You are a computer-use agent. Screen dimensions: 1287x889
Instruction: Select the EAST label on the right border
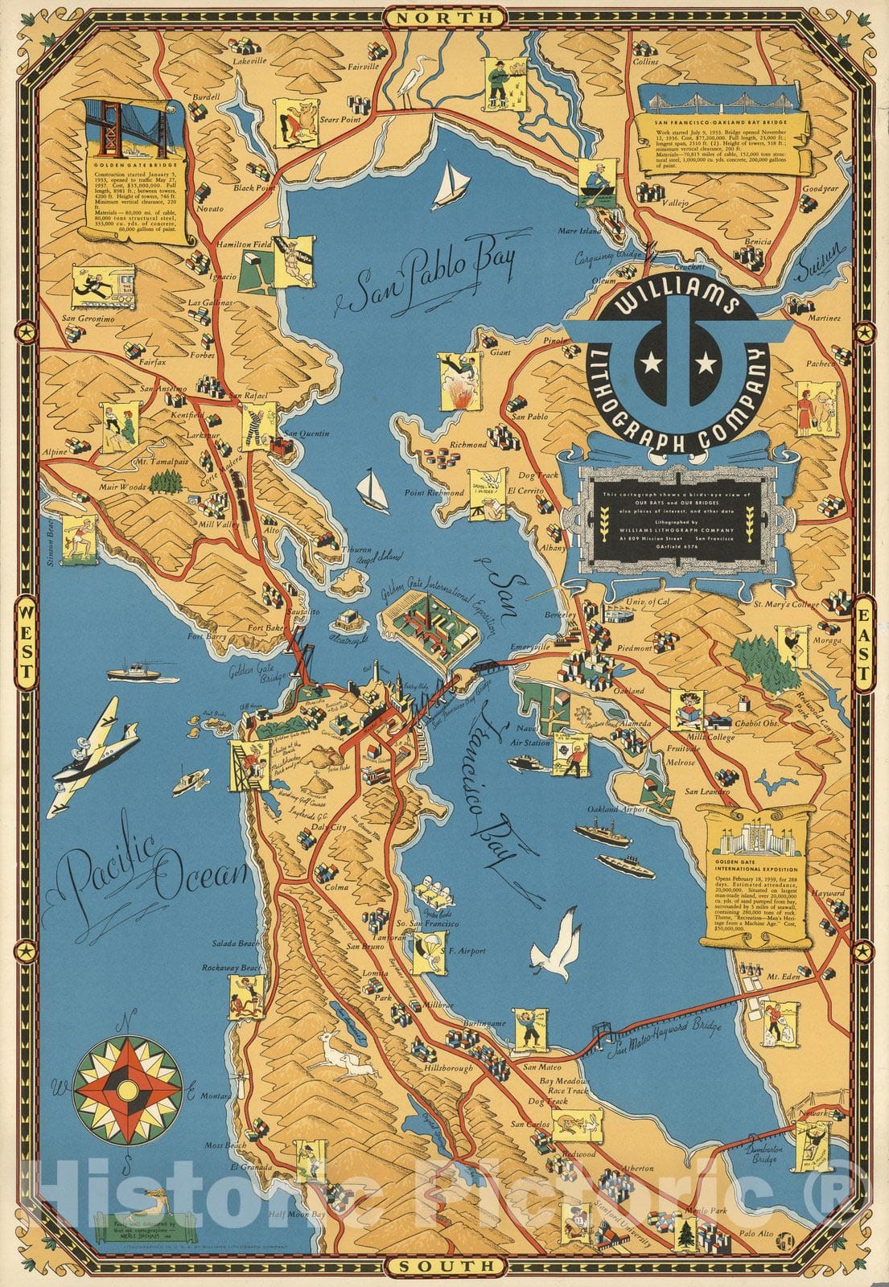point(864,643)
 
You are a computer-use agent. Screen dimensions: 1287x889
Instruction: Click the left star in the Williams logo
point(648,364)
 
